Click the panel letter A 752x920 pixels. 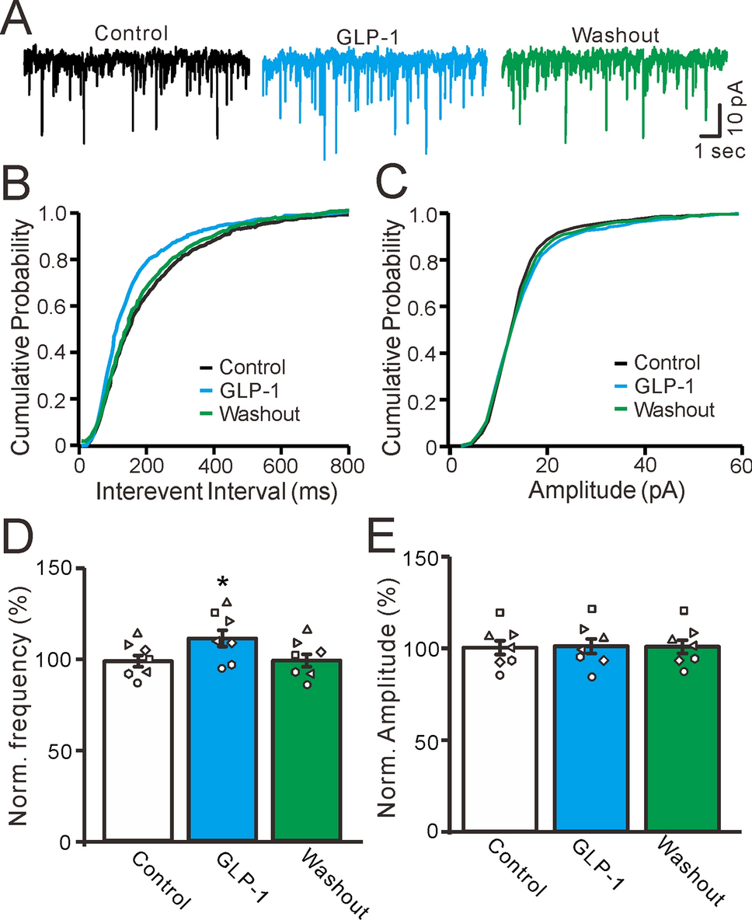point(16,18)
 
